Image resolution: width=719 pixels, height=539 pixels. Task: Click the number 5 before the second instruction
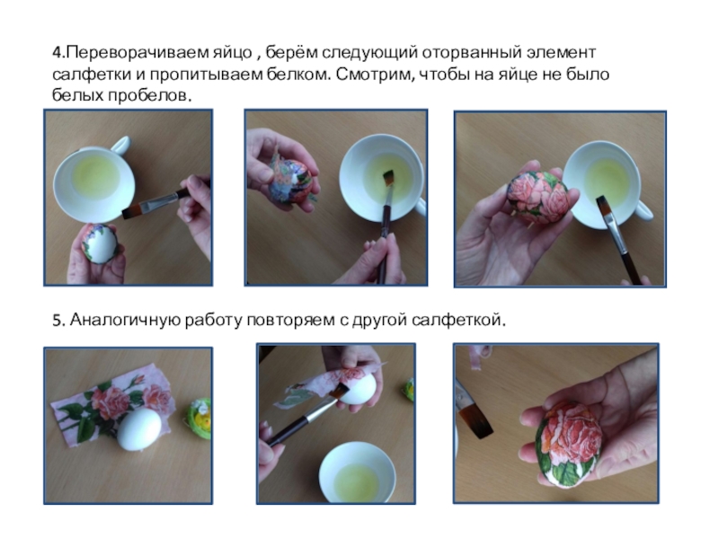coord(57,321)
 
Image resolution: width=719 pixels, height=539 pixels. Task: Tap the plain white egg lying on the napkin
coord(138,429)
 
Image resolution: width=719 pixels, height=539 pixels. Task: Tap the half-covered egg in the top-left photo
coord(100,243)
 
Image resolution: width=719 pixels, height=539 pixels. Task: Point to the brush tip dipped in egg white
coord(388,178)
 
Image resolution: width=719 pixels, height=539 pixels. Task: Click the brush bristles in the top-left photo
coord(132,211)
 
